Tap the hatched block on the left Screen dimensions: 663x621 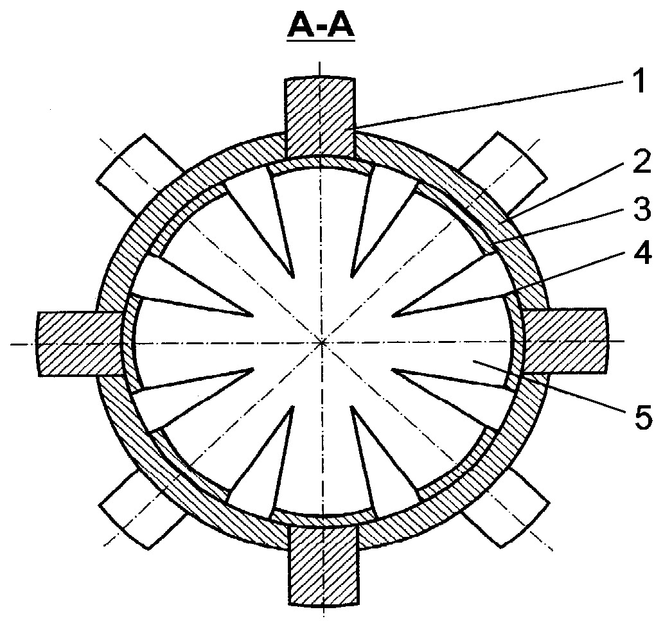click(80, 344)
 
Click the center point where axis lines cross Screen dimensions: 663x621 click(323, 342)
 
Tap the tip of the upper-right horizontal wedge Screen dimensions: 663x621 click(393, 315)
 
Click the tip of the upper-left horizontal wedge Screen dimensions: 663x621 click(253, 315)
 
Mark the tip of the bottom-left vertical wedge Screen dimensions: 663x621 click(292, 407)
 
